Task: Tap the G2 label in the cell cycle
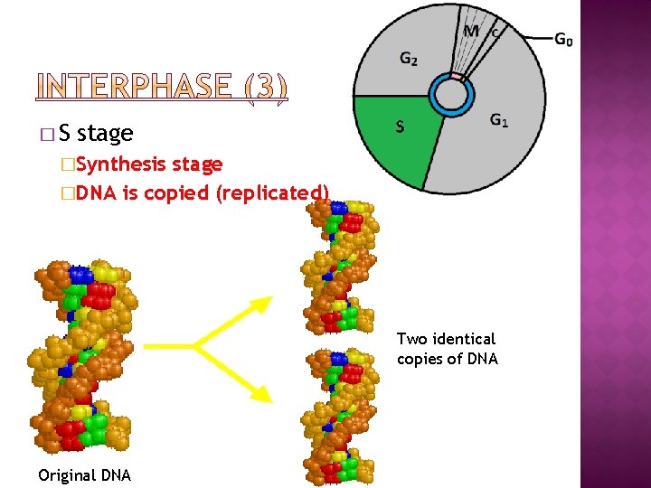409,60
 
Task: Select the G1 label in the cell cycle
498,119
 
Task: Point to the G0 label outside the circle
562,40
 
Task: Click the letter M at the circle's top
470,32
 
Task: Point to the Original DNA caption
84,475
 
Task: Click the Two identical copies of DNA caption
447,349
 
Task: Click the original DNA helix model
83,357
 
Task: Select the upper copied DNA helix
339,267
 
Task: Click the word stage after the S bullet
105,134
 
